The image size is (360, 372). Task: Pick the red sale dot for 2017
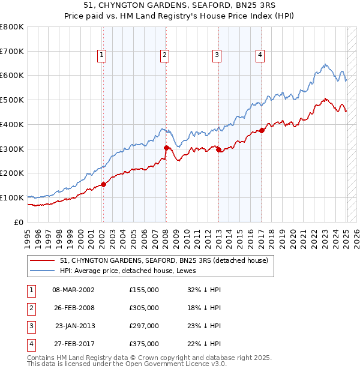tap(262, 130)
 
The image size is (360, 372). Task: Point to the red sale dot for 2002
tap(103, 184)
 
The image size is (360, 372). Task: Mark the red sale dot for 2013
tap(218, 149)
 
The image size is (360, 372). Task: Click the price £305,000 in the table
tap(144, 308)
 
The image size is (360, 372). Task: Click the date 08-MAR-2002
tap(74, 290)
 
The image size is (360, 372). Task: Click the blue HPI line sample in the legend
tap(43, 271)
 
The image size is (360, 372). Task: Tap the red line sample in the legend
tap(43, 260)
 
